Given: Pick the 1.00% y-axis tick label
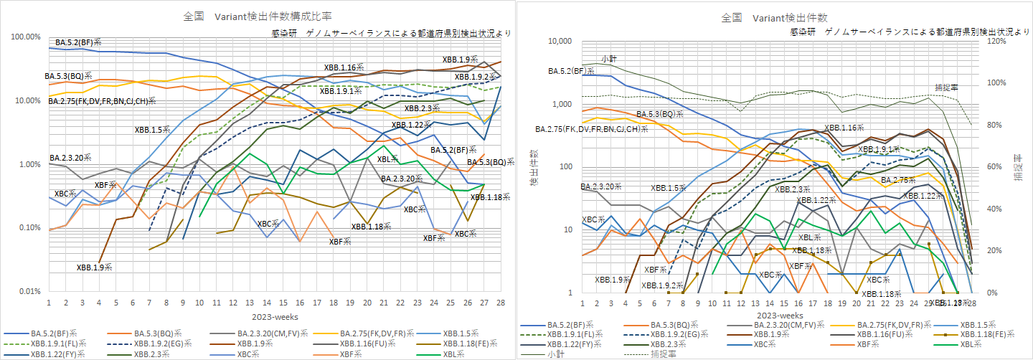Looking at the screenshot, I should pyautogui.click(x=29, y=164).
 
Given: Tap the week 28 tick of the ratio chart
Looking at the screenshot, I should pyautogui.click(x=500, y=302).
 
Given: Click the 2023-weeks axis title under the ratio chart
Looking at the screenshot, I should pyautogui.click(x=273, y=316).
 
